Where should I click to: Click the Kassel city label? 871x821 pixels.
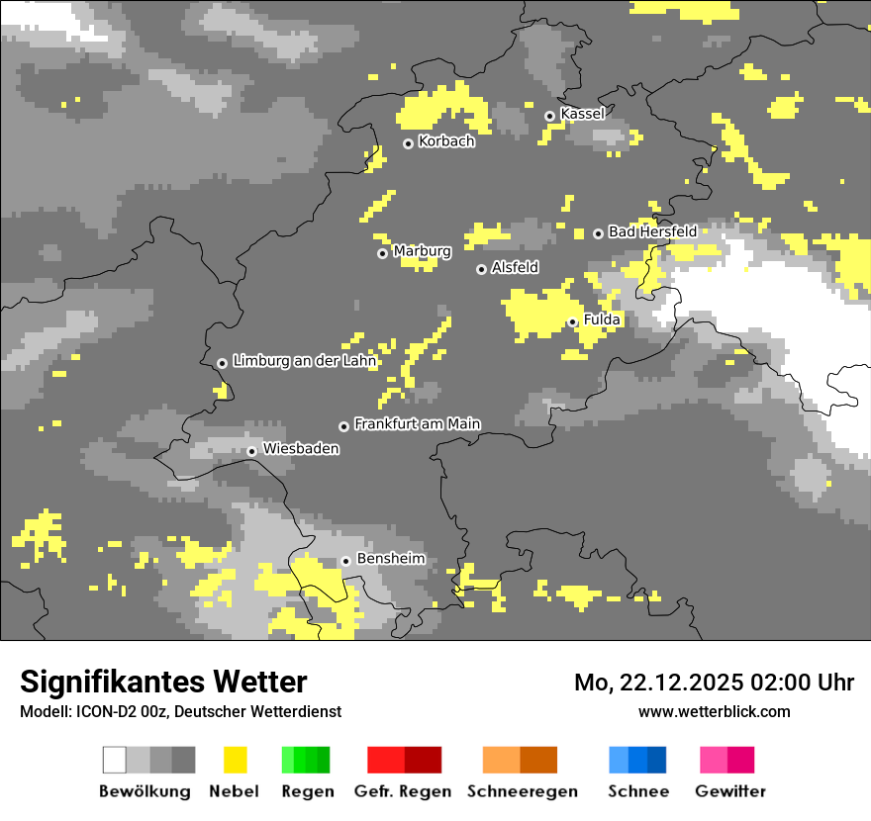(582, 114)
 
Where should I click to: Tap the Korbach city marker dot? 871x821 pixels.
(408, 143)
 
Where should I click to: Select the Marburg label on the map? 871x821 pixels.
(422, 251)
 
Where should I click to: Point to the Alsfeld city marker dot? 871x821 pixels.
(481, 269)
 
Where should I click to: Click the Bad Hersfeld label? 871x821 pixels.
(652, 231)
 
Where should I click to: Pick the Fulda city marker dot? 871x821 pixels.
(572, 321)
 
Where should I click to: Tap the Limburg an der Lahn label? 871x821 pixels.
(304, 361)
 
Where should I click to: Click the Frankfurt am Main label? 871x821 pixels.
(417, 424)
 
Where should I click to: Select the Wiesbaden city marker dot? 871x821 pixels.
(252, 451)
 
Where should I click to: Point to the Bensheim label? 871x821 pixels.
(390, 559)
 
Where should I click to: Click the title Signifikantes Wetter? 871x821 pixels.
(163, 682)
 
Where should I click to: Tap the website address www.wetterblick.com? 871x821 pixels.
(715, 711)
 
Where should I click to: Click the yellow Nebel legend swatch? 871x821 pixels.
(235, 760)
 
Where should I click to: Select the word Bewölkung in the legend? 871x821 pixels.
(145, 791)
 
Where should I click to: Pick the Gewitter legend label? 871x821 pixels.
(730, 791)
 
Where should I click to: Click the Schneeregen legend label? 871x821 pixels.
(522, 791)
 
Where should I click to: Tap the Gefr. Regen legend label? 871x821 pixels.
(403, 791)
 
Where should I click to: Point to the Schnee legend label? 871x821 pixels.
(638, 791)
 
